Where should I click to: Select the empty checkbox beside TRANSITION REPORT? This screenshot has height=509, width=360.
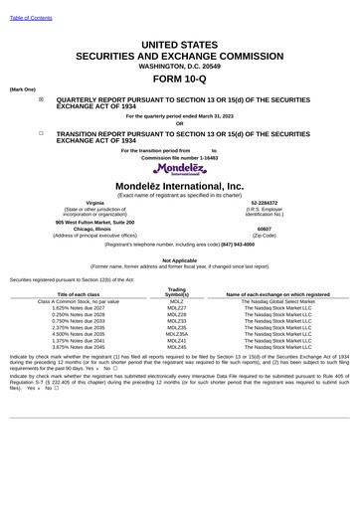(x=41, y=132)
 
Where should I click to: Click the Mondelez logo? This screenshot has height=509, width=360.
(x=179, y=168)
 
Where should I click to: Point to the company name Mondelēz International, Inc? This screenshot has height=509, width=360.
(x=179, y=186)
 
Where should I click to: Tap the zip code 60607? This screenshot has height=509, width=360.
(x=264, y=229)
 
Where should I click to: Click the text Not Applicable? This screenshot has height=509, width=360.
(x=179, y=260)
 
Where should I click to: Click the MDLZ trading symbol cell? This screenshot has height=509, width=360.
(x=177, y=301)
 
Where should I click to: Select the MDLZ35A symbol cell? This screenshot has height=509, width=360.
(x=177, y=334)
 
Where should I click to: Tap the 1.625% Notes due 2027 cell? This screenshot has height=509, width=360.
(x=78, y=308)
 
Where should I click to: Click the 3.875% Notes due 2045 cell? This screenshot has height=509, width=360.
(x=78, y=347)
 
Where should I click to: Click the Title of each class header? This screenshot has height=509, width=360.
(x=78, y=295)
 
